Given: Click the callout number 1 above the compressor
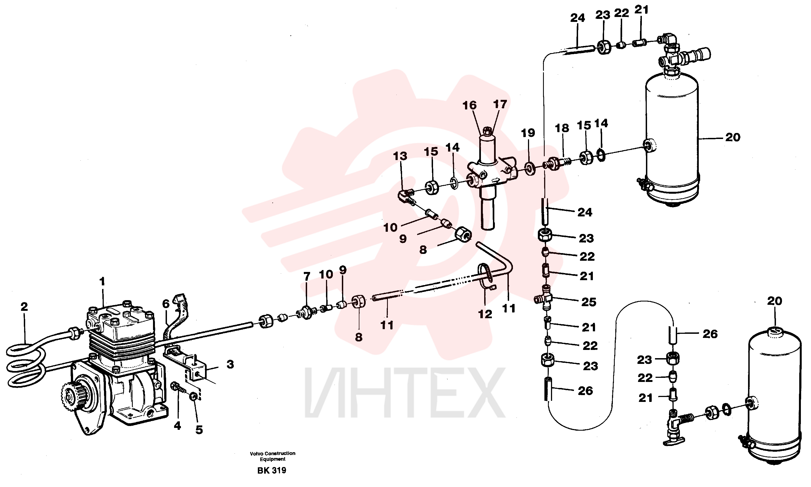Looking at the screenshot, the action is click(102, 282).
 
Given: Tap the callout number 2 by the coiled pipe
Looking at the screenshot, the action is click(24, 307).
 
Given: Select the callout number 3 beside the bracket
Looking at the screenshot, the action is click(230, 364).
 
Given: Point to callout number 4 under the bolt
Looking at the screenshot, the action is click(177, 426).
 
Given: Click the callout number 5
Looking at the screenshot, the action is click(199, 430).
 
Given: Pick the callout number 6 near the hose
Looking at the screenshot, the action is click(166, 304).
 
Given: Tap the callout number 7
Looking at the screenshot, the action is click(307, 277).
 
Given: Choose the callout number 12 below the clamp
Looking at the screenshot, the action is click(485, 314).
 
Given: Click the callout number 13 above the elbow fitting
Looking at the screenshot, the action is click(400, 156).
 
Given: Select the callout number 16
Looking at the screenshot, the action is click(469, 105).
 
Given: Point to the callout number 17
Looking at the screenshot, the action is click(500, 104).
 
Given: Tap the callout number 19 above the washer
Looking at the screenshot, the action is click(528, 133).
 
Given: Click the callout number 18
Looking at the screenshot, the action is click(562, 128).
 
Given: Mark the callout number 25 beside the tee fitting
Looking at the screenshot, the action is click(588, 302).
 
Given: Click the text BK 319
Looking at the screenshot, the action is click(272, 470).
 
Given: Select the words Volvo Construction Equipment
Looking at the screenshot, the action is click(272, 456).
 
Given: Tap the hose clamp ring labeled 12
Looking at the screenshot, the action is click(486, 274).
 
